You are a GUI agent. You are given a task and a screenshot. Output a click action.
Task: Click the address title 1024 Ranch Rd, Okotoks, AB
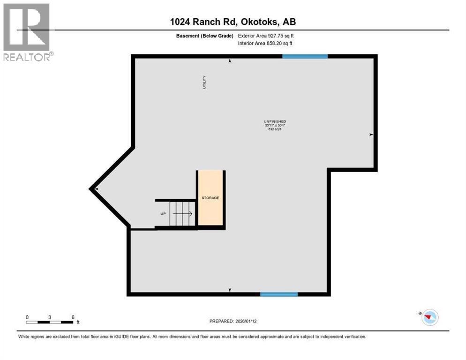coord(233,22)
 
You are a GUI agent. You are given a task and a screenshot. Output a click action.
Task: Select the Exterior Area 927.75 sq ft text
coord(266,36)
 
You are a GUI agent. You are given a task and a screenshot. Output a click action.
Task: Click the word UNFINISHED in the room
coord(275,122)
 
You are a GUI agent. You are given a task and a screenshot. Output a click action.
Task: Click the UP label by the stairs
coord(163,214)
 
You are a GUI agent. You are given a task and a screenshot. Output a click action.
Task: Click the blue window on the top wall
coord(305,56)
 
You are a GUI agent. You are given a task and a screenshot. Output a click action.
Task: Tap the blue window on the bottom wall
coord(279,294)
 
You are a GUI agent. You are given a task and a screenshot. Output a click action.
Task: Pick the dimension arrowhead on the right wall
coord(371,135)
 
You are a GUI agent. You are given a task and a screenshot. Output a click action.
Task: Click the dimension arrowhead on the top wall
coord(230,60)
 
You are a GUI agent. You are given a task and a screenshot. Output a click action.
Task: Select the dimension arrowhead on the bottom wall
coord(230,290)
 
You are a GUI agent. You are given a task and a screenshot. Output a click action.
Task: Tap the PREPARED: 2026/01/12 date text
coord(233,321)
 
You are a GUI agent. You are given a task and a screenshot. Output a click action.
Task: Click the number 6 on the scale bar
coord(73,317)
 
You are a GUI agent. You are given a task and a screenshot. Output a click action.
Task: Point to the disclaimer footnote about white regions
coord(192,337)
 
